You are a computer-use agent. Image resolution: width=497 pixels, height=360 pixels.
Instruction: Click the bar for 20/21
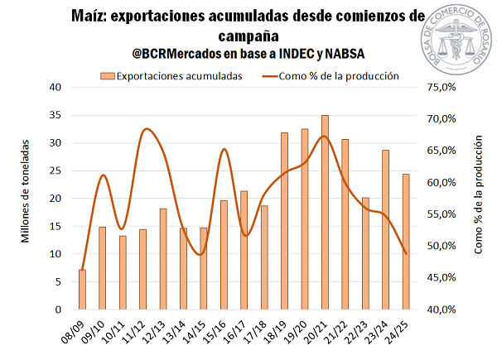(x=325, y=212)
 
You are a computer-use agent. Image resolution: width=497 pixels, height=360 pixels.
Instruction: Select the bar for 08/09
(x=83, y=289)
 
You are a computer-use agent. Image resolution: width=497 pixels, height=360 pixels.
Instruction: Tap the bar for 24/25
(x=405, y=242)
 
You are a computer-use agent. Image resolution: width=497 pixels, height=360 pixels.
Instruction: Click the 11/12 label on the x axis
(x=138, y=331)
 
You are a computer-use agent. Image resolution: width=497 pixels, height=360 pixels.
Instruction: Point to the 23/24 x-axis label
(x=380, y=331)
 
